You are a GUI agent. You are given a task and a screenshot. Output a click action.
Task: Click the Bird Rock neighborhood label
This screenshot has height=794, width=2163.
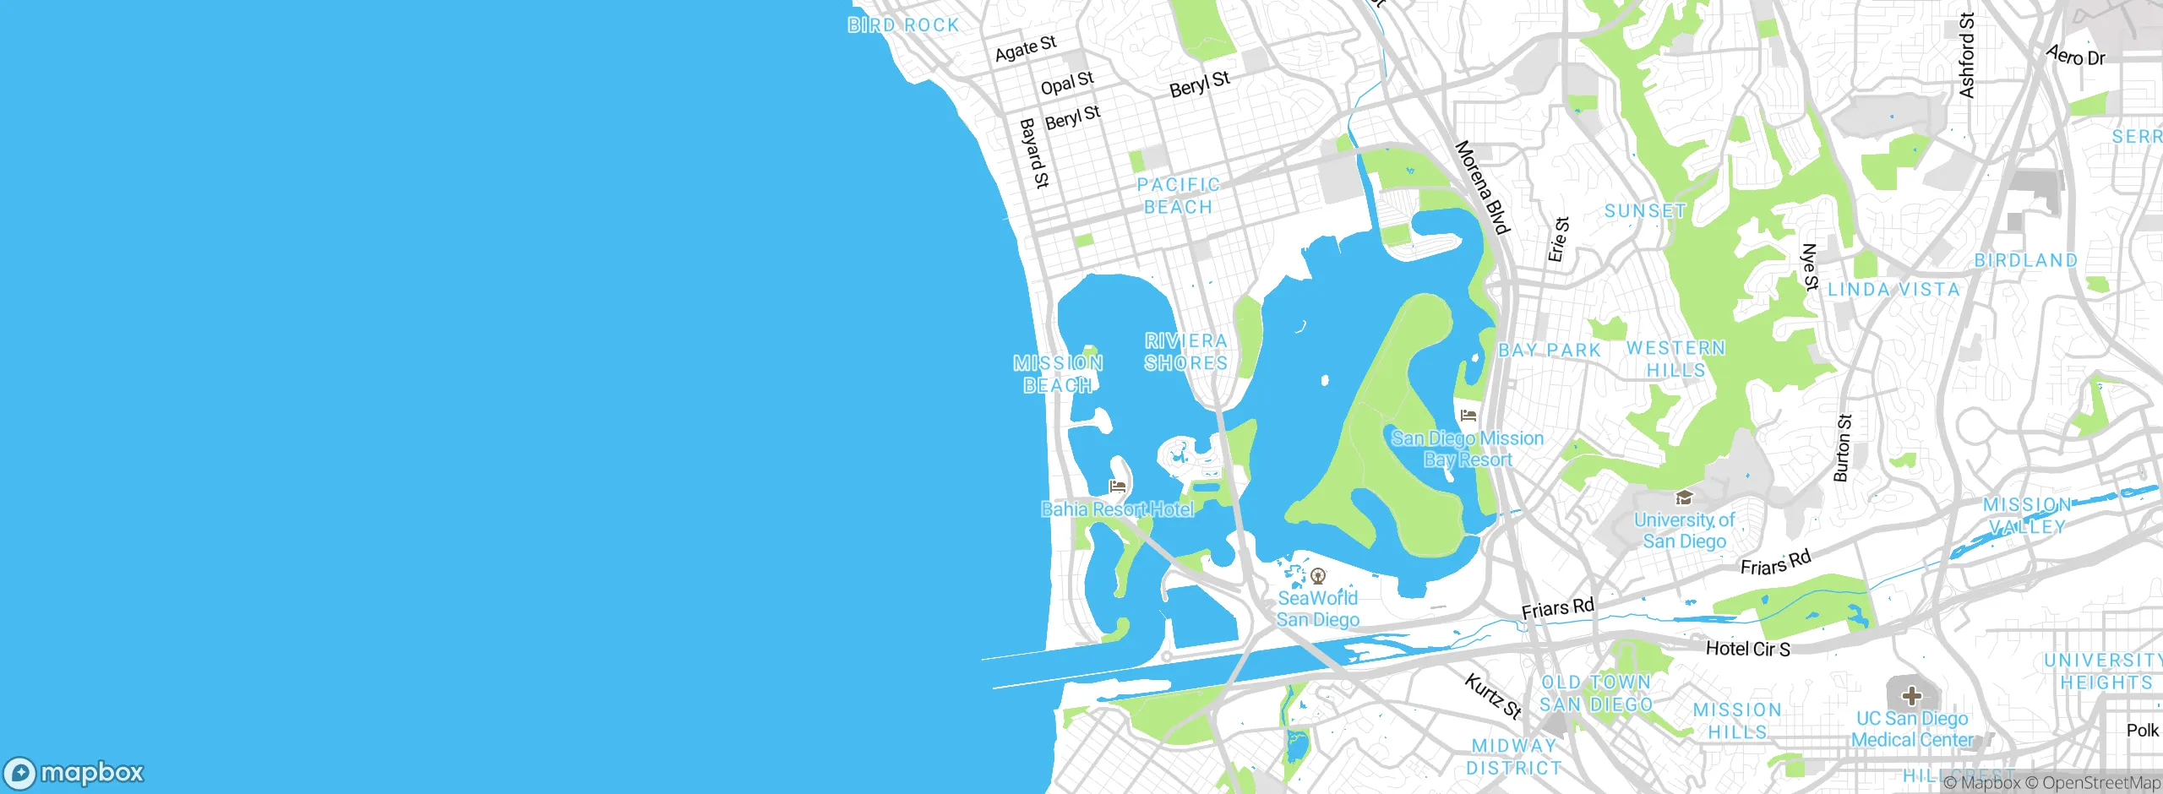pyautogui.click(x=903, y=25)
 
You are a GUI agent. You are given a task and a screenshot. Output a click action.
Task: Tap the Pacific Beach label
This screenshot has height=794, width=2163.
pyautogui.click(x=1178, y=196)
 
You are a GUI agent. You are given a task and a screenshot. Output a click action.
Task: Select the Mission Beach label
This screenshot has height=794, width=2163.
pyautogui.click(x=1058, y=374)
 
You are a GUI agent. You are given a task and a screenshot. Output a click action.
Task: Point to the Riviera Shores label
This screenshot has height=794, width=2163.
pyautogui.click(x=1186, y=351)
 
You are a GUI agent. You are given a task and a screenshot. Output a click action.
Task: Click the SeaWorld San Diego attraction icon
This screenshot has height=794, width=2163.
pyautogui.click(x=1317, y=577)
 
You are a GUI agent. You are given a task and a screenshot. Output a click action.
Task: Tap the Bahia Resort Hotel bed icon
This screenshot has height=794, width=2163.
pyautogui.click(x=1118, y=487)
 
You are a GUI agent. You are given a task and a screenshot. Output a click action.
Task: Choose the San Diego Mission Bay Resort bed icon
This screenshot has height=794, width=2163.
pyautogui.click(x=1468, y=416)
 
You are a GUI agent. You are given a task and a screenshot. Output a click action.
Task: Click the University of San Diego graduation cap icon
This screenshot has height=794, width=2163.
pyautogui.click(x=1684, y=498)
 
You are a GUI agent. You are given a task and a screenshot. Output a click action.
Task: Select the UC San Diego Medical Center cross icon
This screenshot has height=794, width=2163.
pyautogui.click(x=1911, y=697)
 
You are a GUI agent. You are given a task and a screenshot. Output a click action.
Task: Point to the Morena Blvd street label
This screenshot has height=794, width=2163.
pyautogui.click(x=1482, y=188)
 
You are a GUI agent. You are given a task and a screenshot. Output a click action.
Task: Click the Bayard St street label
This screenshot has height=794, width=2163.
pyautogui.click(x=1034, y=153)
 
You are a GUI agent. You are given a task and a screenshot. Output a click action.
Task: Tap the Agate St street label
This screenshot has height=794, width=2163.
pyautogui.click(x=1026, y=49)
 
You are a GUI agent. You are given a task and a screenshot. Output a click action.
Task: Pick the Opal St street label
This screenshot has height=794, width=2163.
pyautogui.click(x=1067, y=83)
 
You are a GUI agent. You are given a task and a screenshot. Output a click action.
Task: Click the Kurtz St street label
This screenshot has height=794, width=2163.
pyautogui.click(x=1493, y=696)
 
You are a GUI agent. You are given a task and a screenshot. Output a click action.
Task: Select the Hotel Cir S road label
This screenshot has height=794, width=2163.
pyautogui.click(x=1747, y=649)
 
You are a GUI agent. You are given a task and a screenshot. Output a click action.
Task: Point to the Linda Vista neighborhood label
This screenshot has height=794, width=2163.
pyautogui.click(x=1893, y=290)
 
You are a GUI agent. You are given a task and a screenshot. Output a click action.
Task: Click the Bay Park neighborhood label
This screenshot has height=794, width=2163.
pyautogui.click(x=1550, y=351)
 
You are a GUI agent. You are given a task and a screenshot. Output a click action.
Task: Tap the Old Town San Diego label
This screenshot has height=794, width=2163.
pyautogui.click(x=1596, y=693)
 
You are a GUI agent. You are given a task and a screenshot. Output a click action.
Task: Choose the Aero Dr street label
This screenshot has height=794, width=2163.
pyautogui.click(x=2076, y=56)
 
